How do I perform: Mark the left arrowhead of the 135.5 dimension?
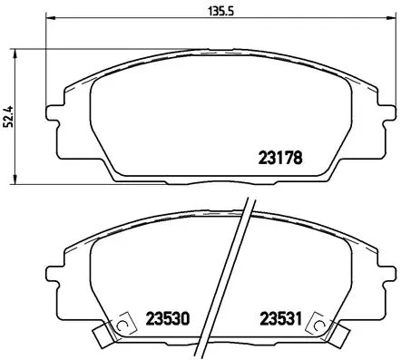pyautogui.click(x=47, y=20)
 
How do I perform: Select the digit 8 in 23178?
pyautogui.click(x=298, y=156)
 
